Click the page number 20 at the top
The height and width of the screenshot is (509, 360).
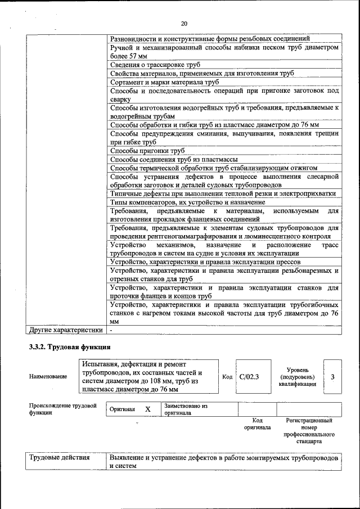click(x=183, y=24)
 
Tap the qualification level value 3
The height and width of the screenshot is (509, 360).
click(x=332, y=377)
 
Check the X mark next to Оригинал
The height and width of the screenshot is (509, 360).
click(x=147, y=409)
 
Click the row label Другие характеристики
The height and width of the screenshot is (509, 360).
click(x=66, y=330)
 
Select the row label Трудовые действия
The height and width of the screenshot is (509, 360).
click(x=60, y=458)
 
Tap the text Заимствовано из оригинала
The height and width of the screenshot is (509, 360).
click(x=186, y=409)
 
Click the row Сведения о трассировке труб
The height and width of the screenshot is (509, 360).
click(x=155, y=65)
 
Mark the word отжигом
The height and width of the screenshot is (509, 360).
click(x=304, y=168)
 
